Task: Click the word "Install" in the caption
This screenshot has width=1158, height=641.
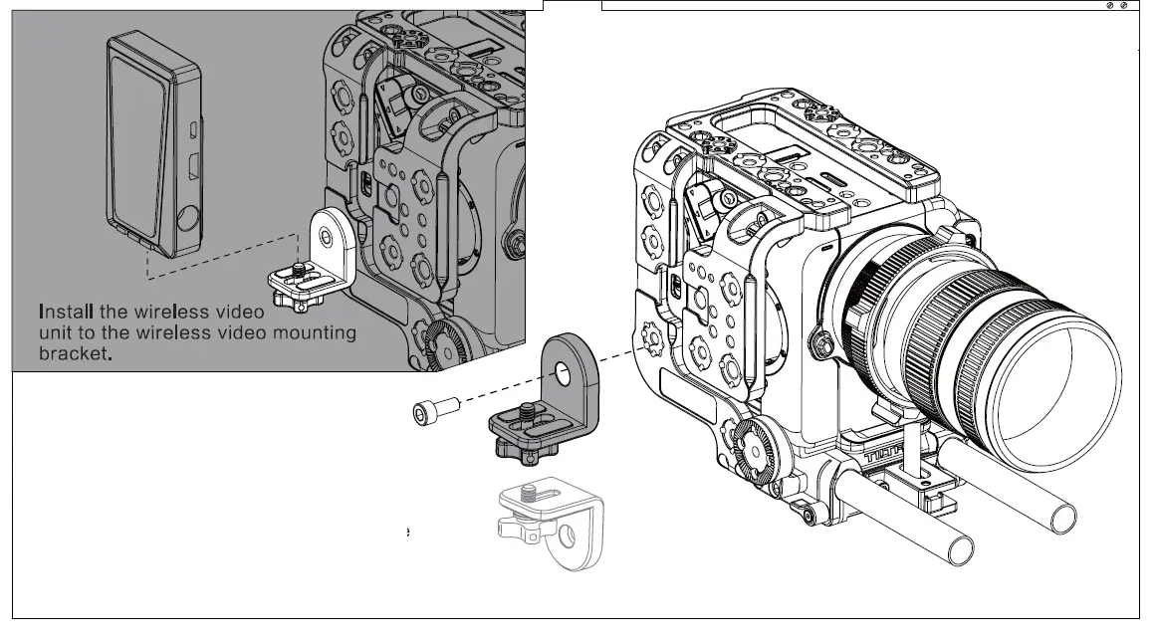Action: tap(67, 312)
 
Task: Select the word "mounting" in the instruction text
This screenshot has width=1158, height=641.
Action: tap(314, 332)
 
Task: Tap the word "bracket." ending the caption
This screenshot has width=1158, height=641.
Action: tap(72, 354)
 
